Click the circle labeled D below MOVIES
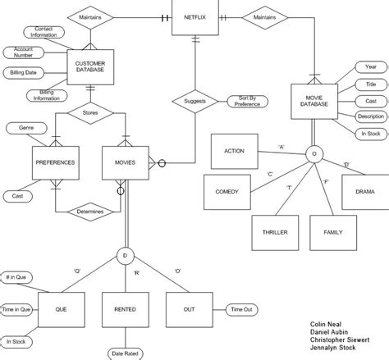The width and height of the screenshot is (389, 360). (x=124, y=255)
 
